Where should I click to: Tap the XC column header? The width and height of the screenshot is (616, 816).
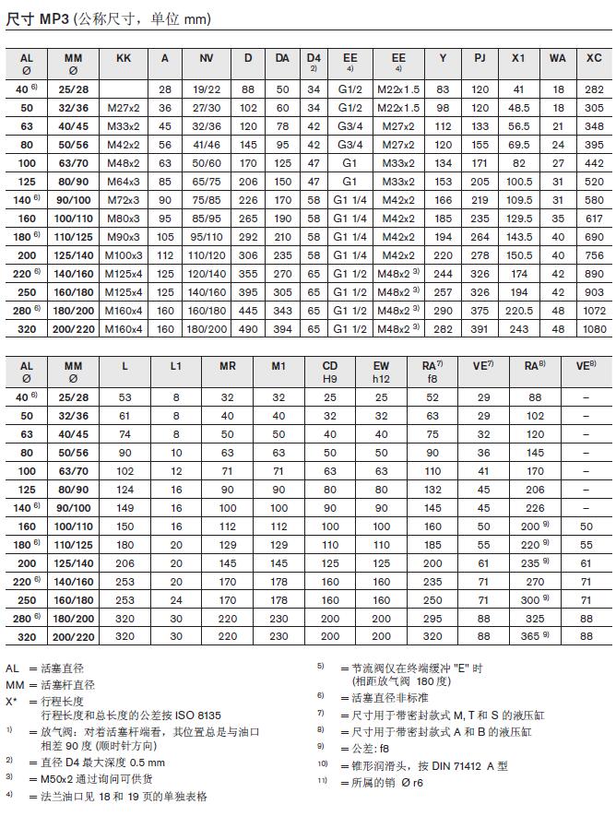[x=594, y=58]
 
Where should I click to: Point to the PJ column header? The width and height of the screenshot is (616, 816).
[x=480, y=58]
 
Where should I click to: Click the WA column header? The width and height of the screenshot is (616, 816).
[x=557, y=58]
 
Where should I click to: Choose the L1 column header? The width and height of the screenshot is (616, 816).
[x=175, y=366]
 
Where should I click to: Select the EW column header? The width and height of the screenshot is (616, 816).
[x=381, y=366]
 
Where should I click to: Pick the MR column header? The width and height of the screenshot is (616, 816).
[x=227, y=366]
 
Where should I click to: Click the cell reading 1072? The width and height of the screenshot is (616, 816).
[x=594, y=311]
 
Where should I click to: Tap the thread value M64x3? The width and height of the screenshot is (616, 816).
[x=123, y=182]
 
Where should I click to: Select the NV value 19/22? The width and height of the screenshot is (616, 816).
[x=206, y=89]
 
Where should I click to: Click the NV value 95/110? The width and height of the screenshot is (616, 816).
[x=206, y=237]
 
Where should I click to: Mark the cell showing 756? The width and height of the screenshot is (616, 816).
[x=594, y=255]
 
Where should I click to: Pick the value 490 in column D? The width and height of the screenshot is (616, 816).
[x=248, y=329]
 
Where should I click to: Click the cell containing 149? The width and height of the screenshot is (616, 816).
[x=125, y=507]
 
